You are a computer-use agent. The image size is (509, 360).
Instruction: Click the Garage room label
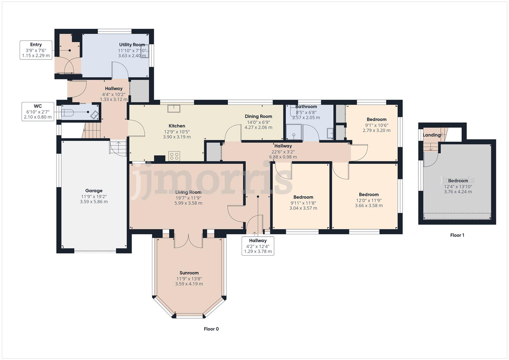point(94,191)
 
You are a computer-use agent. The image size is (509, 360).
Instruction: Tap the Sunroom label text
point(189,273)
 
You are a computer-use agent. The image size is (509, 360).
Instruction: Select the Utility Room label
point(132,45)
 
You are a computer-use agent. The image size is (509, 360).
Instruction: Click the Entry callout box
point(36,50)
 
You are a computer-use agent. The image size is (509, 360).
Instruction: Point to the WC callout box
point(38,112)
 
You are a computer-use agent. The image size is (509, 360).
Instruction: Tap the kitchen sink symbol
point(174,108)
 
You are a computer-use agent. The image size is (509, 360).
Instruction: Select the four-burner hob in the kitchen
point(174,156)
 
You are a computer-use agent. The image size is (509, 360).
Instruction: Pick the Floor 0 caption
point(211,329)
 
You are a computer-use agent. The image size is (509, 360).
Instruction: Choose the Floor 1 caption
point(457,235)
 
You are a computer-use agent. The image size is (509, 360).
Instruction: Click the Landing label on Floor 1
point(431,135)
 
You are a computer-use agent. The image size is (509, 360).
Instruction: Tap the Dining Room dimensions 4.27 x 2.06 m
point(258,127)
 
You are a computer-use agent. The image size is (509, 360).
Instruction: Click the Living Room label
point(188,192)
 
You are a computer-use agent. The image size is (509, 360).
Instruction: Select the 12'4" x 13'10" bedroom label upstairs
point(458,186)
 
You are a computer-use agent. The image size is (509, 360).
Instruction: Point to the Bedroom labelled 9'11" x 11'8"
point(303,197)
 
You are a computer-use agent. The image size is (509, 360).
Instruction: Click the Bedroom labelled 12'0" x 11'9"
point(369,195)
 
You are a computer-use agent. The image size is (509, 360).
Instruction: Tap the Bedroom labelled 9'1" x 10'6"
point(377,119)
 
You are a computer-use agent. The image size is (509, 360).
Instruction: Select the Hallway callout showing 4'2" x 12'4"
point(258,246)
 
